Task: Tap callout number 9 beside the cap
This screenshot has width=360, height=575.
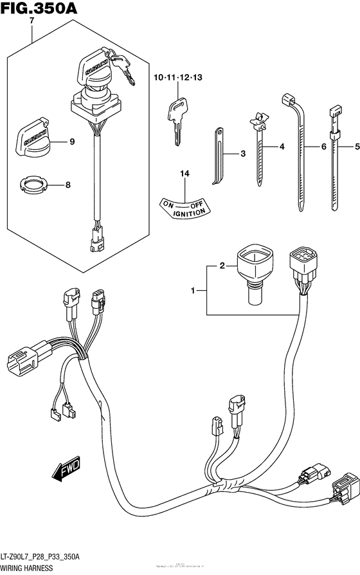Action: (x=71, y=142)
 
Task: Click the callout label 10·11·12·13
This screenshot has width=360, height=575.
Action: (x=177, y=78)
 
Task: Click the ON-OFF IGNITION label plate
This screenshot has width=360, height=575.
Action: (x=184, y=206)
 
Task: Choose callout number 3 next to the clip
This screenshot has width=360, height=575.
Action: (x=243, y=154)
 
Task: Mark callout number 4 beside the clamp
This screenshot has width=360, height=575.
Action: (x=282, y=148)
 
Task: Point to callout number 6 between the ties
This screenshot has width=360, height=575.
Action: (x=324, y=147)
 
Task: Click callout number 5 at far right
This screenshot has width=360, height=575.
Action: (x=356, y=147)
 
